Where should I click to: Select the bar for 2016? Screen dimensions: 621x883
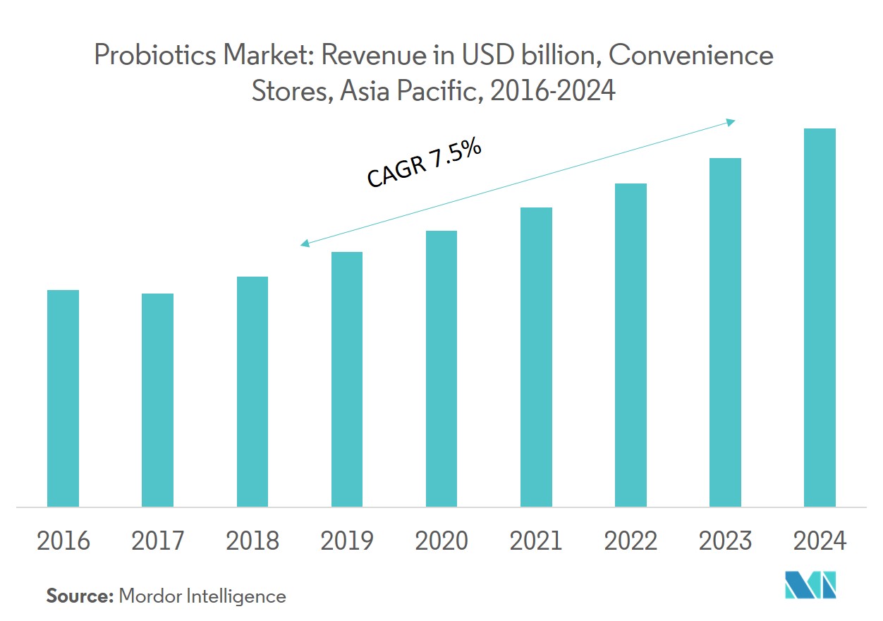click(63, 398)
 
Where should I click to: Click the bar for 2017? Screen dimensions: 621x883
click(157, 400)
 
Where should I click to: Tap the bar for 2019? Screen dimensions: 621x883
click(347, 379)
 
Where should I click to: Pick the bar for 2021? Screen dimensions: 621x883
click(536, 357)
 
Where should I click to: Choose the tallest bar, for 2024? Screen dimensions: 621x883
click(820, 318)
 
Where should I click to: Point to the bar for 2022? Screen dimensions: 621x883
click(631, 345)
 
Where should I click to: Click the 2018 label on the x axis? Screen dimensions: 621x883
click(252, 541)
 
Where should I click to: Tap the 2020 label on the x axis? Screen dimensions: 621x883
click(441, 541)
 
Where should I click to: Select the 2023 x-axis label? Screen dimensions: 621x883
click(725, 541)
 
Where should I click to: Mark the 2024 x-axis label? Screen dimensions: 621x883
click(820, 541)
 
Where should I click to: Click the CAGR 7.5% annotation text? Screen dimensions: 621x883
click(424, 164)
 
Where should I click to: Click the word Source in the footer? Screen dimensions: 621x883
click(79, 596)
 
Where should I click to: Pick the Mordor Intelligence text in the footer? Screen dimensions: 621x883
click(202, 596)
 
